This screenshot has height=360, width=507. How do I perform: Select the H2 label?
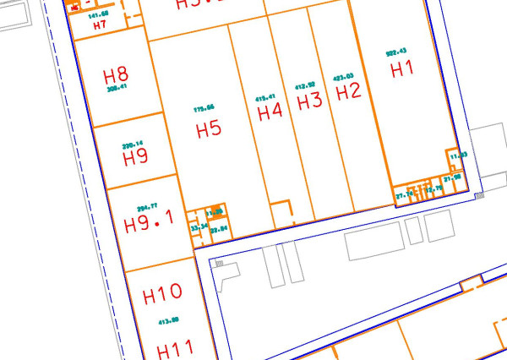point(349,91)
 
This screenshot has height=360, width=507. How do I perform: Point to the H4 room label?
point(269,112)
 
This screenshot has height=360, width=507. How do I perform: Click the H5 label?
point(208,130)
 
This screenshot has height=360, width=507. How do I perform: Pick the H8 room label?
point(116,73)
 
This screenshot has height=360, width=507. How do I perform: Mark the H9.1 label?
point(148,224)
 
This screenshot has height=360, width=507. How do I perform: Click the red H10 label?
point(162,295)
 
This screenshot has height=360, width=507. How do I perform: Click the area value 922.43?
point(395,52)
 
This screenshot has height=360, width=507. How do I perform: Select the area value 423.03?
point(343,75)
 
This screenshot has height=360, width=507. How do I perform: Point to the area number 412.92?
point(304,85)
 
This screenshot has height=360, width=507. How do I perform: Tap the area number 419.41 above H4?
point(265,96)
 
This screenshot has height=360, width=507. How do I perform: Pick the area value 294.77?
point(149,206)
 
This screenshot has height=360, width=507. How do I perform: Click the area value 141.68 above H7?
point(98,14)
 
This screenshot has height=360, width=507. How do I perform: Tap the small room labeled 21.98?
point(452,178)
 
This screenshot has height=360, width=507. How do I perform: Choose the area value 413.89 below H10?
point(167,320)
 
